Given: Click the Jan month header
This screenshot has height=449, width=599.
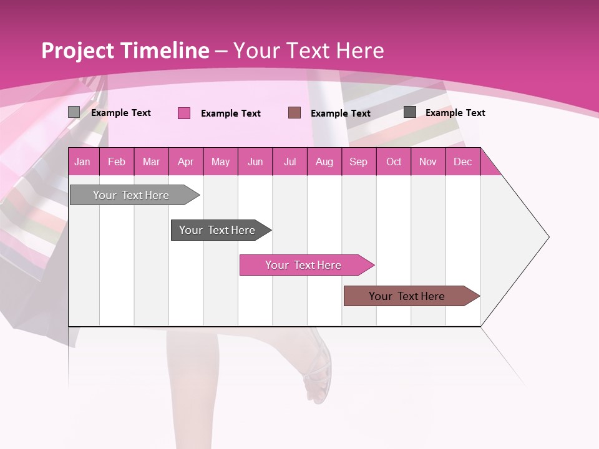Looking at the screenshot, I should pyautogui.click(x=83, y=162).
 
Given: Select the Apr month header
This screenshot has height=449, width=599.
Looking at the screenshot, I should pyautogui.click(x=186, y=162).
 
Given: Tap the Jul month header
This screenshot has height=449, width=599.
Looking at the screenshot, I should pyautogui.click(x=290, y=162).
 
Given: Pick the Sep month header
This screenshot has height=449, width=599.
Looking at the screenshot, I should pyautogui.click(x=358, y=162).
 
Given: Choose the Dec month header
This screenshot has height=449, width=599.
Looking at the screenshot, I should pyautogui.click(x=462, y=162).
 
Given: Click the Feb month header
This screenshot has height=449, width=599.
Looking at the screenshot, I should pyautogui.click(x=117, y=162).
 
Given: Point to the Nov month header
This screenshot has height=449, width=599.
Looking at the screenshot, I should pyautogui.click(x=428, y=162).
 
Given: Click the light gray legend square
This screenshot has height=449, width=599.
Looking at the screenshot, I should pyautogui.click(x=74, y=112).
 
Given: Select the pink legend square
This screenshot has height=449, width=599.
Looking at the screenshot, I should pyautogui.click(x=184, y=113).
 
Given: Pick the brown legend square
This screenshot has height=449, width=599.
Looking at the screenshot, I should pyautogui.click(x=295, y=112).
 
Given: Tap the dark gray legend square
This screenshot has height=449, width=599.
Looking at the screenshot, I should pyautogui.click(x=410, y=112).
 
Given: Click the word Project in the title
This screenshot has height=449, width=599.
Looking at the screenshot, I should pyautogui.click(x=78, y=51).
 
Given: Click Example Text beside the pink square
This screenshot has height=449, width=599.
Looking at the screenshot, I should pyautogui.click(x=231, y=113).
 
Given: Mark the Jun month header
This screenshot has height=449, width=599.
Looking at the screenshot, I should pyautogui.click(x=255, y=162).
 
